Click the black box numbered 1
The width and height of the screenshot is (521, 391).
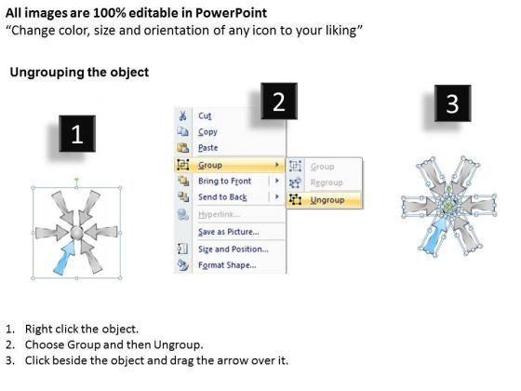[x=77, y=134]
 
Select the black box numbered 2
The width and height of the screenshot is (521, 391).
[x=279, y=101]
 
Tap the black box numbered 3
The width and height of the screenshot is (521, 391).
[x=452, y=103]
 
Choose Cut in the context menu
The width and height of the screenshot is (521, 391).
[x=205, y=115]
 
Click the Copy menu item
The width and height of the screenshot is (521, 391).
[x=207, y=132]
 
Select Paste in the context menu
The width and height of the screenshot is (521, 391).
[x=208, y=148]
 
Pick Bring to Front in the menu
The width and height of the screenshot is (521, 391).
[x=224, y=181]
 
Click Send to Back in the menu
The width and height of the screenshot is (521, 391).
[x=222, y=197]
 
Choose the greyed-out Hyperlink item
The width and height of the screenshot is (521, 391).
[x=219, y=214]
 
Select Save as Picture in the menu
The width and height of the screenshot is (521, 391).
[x=229, y=232]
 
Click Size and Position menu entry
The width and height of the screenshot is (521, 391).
[x=234, y=249]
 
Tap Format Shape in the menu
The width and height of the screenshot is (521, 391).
[x=227, y=265]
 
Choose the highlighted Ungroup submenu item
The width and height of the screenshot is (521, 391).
[x=327, y=200]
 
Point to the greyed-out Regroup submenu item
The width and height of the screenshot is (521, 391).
[x=327, y=182]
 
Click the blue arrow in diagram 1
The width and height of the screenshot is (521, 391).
[x=64, y=259]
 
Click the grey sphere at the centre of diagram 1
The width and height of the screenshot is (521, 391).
[x=76, y=232]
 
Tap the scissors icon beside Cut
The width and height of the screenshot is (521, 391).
[x=182, y=115]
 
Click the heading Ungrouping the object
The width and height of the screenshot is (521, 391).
[x=79, y=73]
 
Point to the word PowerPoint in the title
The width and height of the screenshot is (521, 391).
[x=231, y=13]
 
